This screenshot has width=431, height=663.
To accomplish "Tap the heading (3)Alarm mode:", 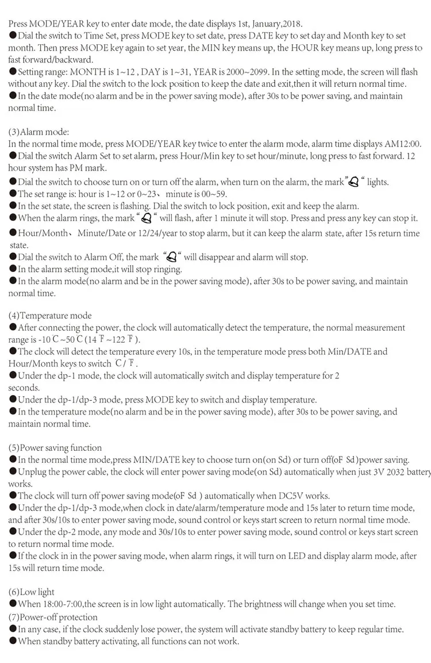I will (39, 132).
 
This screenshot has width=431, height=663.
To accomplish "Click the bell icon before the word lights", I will (354, 182).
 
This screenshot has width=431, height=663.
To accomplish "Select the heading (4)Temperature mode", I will (50, 316).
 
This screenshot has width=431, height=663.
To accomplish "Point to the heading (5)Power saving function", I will (55, 447).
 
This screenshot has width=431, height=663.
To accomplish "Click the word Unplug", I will (33, 472).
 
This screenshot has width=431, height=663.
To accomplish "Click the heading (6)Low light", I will (31, 592).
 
